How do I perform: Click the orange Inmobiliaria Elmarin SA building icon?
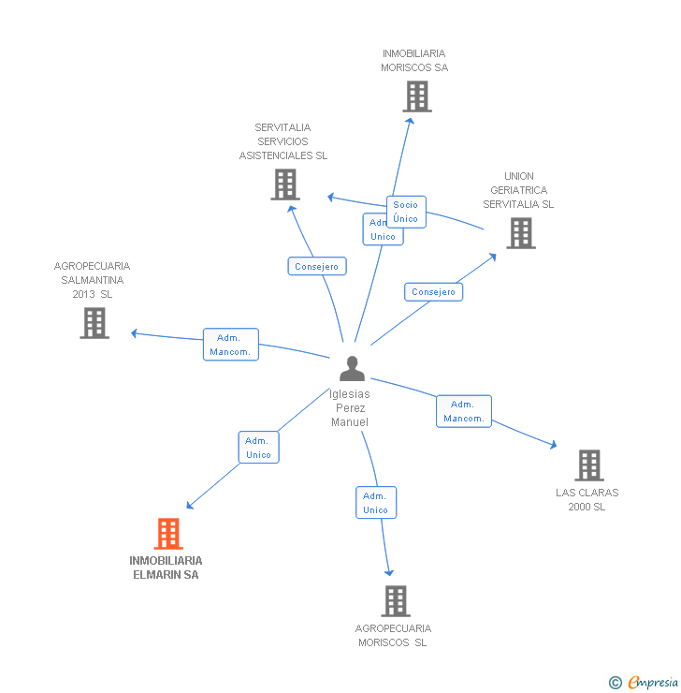(167, 534)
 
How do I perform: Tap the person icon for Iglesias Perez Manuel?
(352, 369)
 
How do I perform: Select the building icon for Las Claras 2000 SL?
(588, 465)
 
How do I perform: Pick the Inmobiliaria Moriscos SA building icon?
(416, 96)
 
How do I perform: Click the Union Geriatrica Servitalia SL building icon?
(520, 233)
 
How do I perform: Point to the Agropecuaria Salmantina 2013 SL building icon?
(94, 323)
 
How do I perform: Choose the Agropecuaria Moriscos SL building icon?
(396, 600)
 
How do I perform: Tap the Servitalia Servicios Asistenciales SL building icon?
(284, 184)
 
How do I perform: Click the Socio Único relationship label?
(406, 212)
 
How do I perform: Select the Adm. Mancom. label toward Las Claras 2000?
(463, 411)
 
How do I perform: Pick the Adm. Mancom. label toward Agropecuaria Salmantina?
(230, 345)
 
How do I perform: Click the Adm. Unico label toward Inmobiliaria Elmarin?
(258, 448)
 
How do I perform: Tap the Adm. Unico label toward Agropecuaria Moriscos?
(375, 503)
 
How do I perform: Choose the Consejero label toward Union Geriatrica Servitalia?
(433, 292)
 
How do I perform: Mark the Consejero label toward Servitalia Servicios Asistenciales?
(316, 266)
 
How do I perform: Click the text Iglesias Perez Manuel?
(350, 408)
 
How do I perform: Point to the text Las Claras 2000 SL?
(587, 499)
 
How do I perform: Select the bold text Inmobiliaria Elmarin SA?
(166, 568)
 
